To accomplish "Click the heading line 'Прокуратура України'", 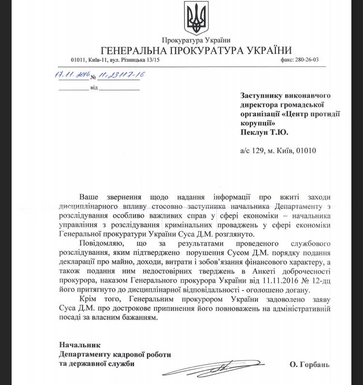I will click(x=196, y=40).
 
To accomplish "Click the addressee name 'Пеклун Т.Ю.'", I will click(x=267, y=131).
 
